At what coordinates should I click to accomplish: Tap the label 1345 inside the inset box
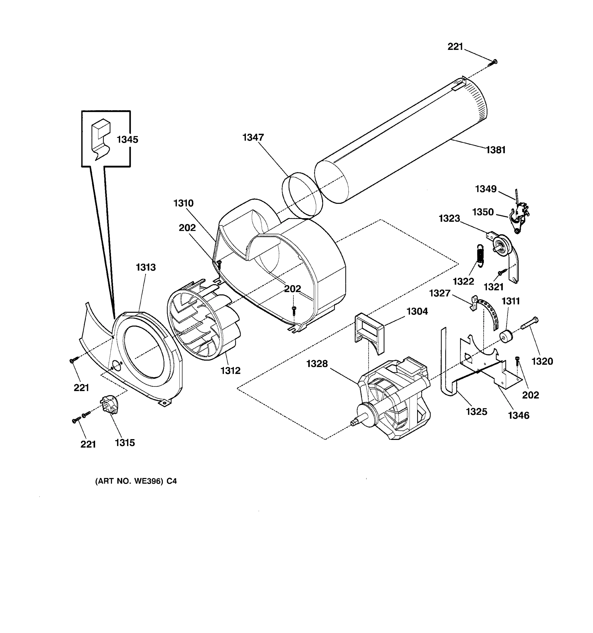(127, 140)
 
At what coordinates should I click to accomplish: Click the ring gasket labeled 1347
(302, 195)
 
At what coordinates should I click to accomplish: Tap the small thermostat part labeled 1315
(109, 404)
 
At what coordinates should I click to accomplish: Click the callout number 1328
(317, 364)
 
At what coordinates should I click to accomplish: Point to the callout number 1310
(183, 203)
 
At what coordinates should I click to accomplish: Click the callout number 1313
(146, 267)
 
